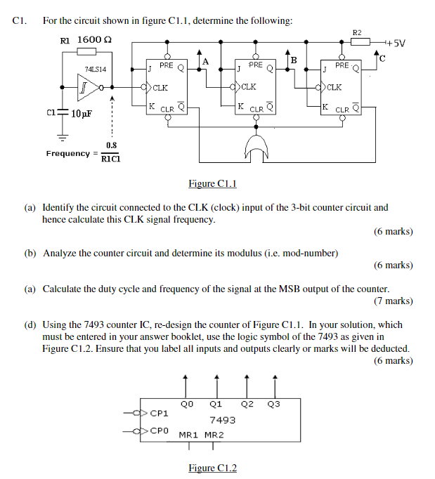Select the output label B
[x=294, y=61]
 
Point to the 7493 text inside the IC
[x=222, y=420]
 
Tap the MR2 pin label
[x=214, y=435]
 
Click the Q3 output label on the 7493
[x=274, y=404]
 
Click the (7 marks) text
[x=393, y=301]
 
